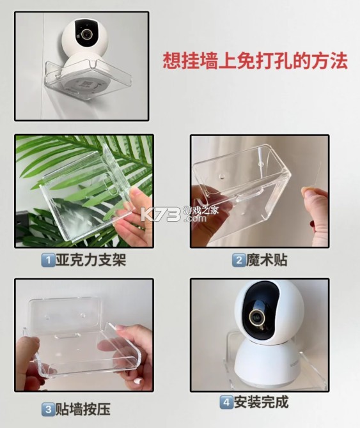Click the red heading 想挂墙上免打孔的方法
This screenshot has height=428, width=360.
[255, 61]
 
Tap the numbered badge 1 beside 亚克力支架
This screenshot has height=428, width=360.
[47, 260]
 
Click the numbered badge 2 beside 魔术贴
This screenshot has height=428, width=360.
[238, 260]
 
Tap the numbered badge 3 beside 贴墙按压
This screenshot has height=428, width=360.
[47, 409]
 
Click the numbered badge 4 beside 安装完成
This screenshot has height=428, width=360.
[226, 402]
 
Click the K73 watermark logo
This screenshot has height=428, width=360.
[167, 213]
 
